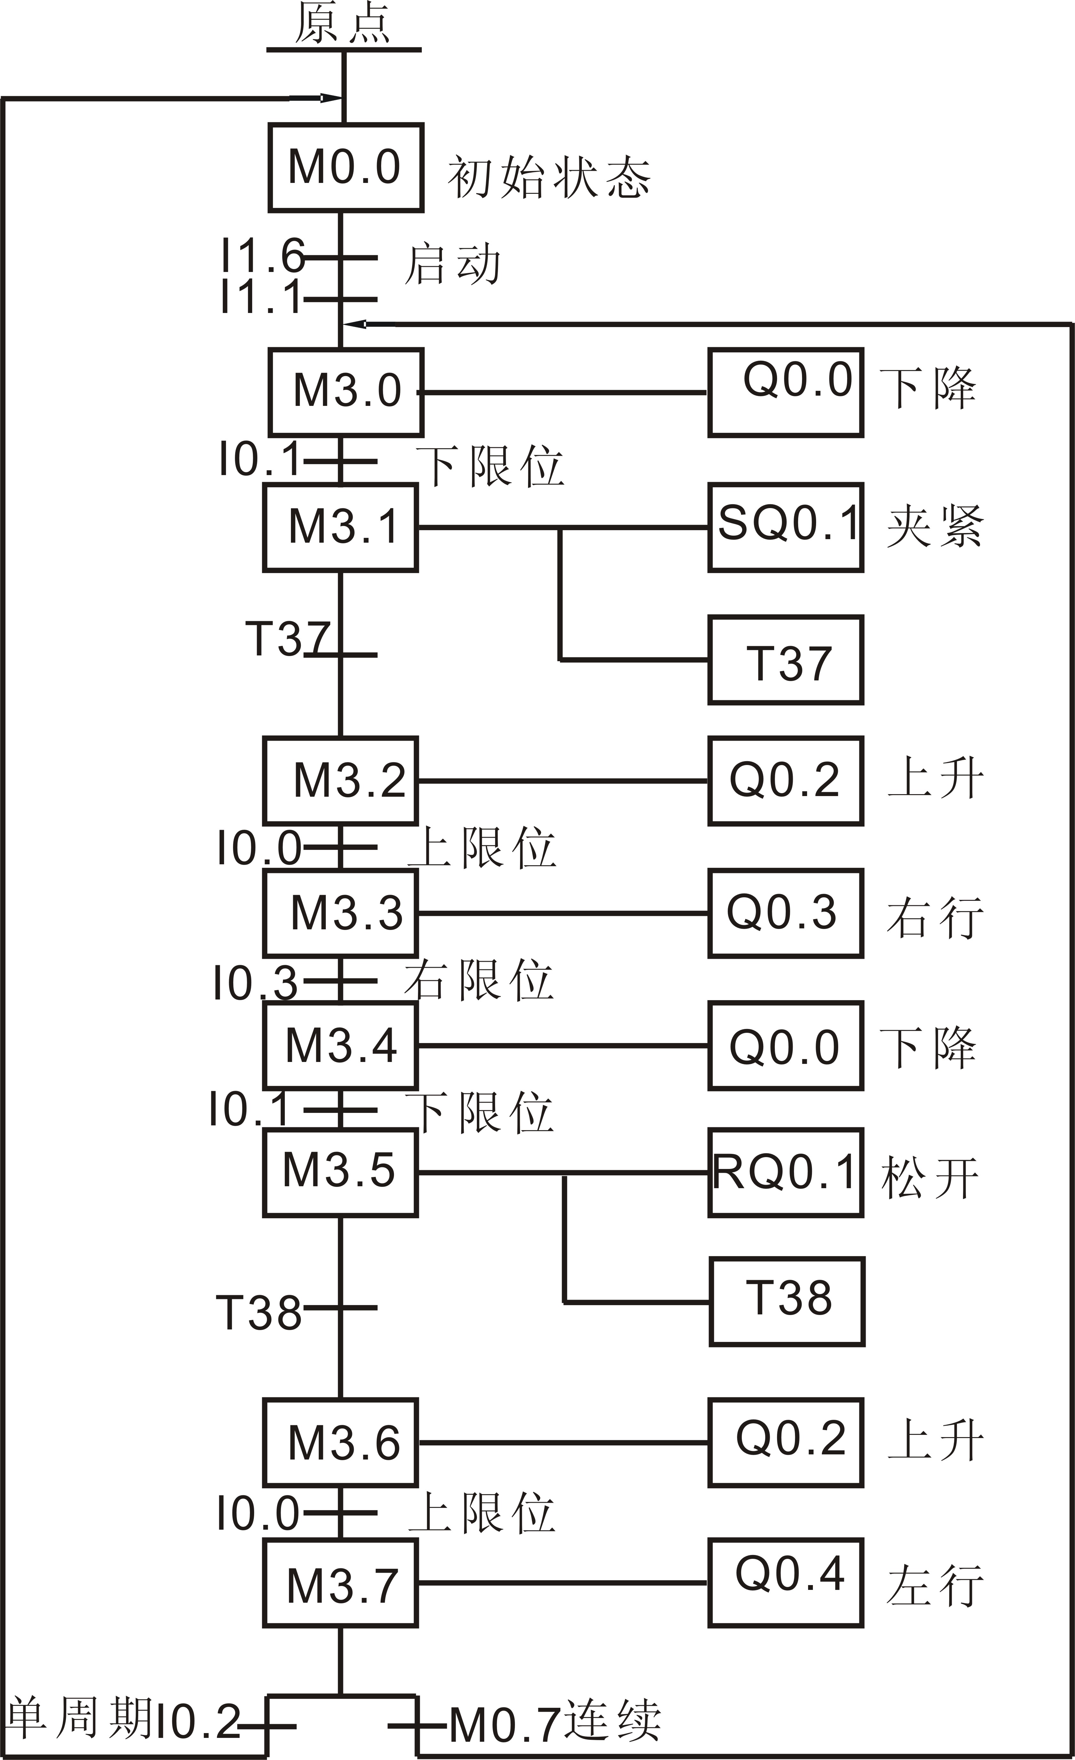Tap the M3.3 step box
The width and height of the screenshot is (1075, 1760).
click(x=341, y=913)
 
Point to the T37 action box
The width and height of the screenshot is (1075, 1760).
click(x=786, y=660)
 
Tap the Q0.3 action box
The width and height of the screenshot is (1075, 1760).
click(x=786, y=913)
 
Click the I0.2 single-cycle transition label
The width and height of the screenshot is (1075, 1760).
click(x=198, y=1722)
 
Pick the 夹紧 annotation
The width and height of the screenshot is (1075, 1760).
click(x=935, y=527)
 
